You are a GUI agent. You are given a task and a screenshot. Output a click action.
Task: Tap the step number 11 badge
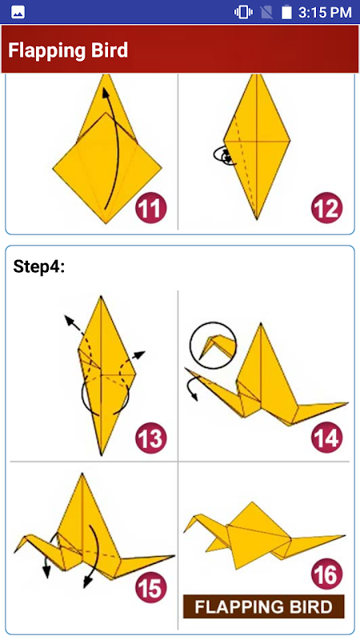click(x=151, y=209)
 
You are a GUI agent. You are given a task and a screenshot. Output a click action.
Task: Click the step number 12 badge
click(x=327, y=208)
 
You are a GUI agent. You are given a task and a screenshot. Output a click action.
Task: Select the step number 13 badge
click(x=151, y=438)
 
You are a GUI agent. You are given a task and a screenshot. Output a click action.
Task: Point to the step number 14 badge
click(x=327, y=438)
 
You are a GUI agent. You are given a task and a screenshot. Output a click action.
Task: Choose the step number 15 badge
click(x=151, y=588)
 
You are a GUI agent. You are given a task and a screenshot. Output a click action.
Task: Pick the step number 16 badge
click(x=327, y=574)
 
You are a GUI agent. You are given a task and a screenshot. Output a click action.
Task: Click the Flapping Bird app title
click(x=68, y=50)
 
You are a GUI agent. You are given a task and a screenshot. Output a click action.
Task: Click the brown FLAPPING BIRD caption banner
click(x=264, y=606)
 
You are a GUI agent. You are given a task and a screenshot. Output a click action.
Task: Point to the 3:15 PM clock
click(x=325, y=13)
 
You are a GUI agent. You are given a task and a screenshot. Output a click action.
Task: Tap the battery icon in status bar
click(x=286, y=12)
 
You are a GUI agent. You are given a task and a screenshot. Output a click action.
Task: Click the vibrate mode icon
click(x=243, y=12)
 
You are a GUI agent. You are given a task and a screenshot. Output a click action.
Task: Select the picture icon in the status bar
click(x=18, y=13)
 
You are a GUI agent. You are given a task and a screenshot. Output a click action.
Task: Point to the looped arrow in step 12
click(x=224, y=155)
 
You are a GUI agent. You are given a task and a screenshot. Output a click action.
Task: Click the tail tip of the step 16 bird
click(x=345, y=535)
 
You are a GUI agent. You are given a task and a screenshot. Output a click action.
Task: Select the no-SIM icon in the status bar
click(x=266, y=13)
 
